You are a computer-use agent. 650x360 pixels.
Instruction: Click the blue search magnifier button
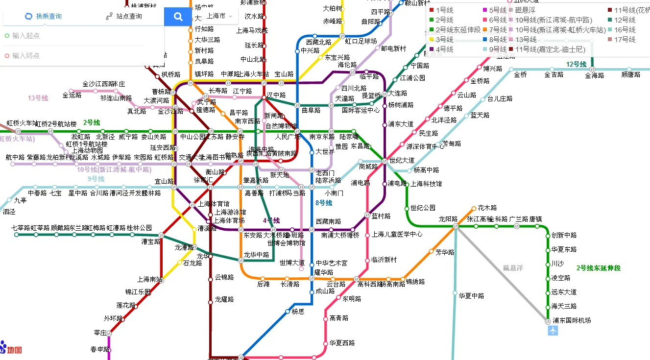[178, 16]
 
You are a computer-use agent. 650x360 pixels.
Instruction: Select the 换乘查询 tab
[43, 16]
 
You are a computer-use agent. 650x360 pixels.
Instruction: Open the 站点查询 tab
[123, 16]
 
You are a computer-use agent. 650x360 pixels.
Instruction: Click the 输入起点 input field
[73, 36]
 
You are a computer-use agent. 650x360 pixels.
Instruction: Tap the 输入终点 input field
[73, 56]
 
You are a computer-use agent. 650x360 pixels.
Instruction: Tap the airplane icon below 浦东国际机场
[553, 331]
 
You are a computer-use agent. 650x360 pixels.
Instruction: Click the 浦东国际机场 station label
[572, 320]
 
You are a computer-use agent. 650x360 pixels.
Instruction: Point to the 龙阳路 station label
[448, 219]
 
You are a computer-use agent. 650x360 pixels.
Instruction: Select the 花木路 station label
[487, 208]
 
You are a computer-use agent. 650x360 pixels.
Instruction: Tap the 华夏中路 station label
[471, 296]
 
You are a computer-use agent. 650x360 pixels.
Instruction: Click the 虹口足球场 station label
[361, 41]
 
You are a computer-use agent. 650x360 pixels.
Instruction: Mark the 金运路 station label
[72, 96]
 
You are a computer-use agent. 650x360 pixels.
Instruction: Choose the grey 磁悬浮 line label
[513, 268]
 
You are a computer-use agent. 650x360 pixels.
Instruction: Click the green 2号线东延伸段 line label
[598, 268]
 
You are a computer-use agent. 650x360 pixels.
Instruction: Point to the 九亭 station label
[21, 200]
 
